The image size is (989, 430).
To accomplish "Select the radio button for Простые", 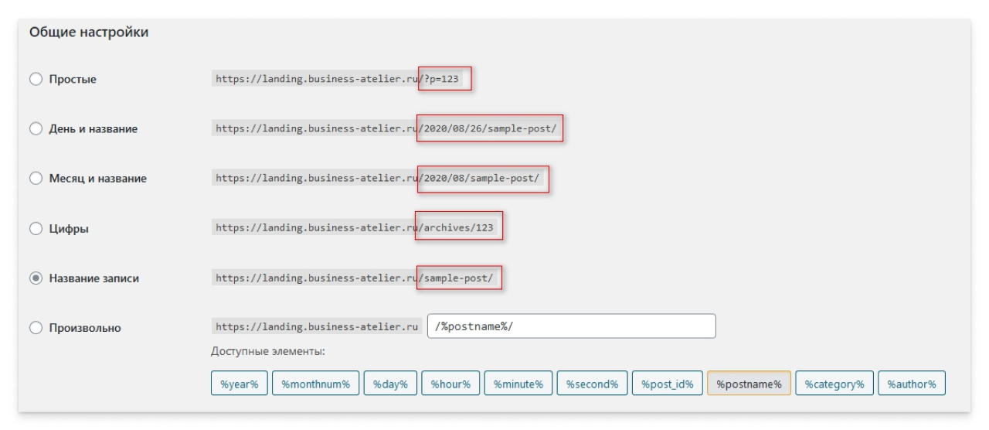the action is (x=36, y=79).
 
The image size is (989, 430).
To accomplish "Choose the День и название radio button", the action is (x=36, y=128).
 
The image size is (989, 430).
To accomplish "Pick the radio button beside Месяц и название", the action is (x=36, y=178).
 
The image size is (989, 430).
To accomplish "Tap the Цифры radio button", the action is (x=36, y=228).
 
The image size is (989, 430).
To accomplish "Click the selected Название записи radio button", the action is (x=36, y=278).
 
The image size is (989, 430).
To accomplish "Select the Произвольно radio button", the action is (x=36, y=327).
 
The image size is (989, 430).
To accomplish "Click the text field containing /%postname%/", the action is (x=571, y=326).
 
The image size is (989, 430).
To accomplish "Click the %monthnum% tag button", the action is (x=316, y=383).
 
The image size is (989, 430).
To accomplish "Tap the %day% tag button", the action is (x=390, y=383).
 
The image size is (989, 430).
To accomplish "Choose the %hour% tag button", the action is (x=450, y=383).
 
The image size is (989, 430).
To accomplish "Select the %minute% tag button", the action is (x=518, y=383).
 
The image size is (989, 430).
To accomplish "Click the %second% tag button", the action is (x=592, y=383).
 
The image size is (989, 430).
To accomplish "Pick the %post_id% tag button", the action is (x=667, y=383).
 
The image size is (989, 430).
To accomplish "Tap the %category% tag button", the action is (x=834, y=383).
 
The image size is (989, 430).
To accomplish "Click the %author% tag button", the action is (x=912, y=383).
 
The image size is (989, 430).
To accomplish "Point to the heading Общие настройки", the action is (x=89, y=32).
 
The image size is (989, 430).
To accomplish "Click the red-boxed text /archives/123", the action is (x=456, y=227).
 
